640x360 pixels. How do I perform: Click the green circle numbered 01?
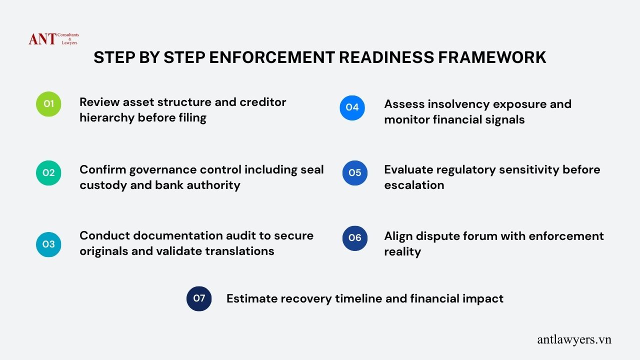(x=48, y=104)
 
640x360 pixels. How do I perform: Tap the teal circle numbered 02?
(x=48, y=173)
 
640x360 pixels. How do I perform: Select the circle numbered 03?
(x=48, y=244)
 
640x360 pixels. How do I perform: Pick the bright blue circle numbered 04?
(x=352, y=107)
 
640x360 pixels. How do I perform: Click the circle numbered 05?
(x=355, y=173)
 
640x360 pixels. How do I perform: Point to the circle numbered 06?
(x=355, y=238)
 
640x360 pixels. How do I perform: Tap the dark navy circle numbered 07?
(x=199, y=298)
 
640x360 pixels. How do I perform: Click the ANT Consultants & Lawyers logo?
(x=53, y=39)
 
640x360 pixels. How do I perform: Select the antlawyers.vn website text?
(x=574, y=339)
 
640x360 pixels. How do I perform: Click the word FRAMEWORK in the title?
(x=492, y=57)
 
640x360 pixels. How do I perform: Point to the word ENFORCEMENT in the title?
(x=272, y=57)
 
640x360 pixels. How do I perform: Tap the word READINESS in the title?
(x=386, y=57)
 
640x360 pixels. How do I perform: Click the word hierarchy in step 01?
(x=107, y=117)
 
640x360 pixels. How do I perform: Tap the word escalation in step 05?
(x=414, y=185)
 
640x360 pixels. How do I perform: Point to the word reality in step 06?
(x=402, y=252)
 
